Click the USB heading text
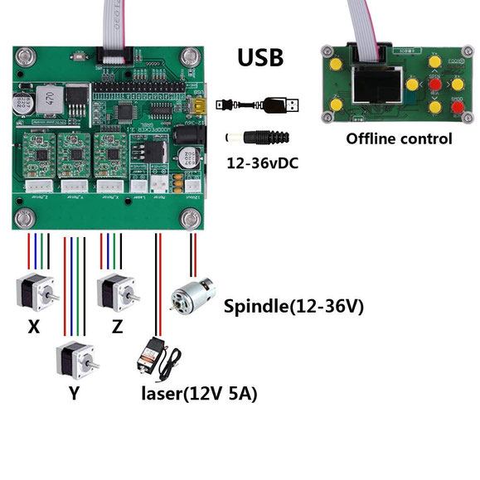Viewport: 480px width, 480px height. point(260,57)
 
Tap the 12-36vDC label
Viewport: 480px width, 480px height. point(263,163)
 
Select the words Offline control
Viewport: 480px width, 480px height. point(399,138)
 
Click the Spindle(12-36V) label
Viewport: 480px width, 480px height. point(293,307)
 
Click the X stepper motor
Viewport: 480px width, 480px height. point(36,295)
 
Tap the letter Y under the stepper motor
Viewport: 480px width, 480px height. point(75,395)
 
